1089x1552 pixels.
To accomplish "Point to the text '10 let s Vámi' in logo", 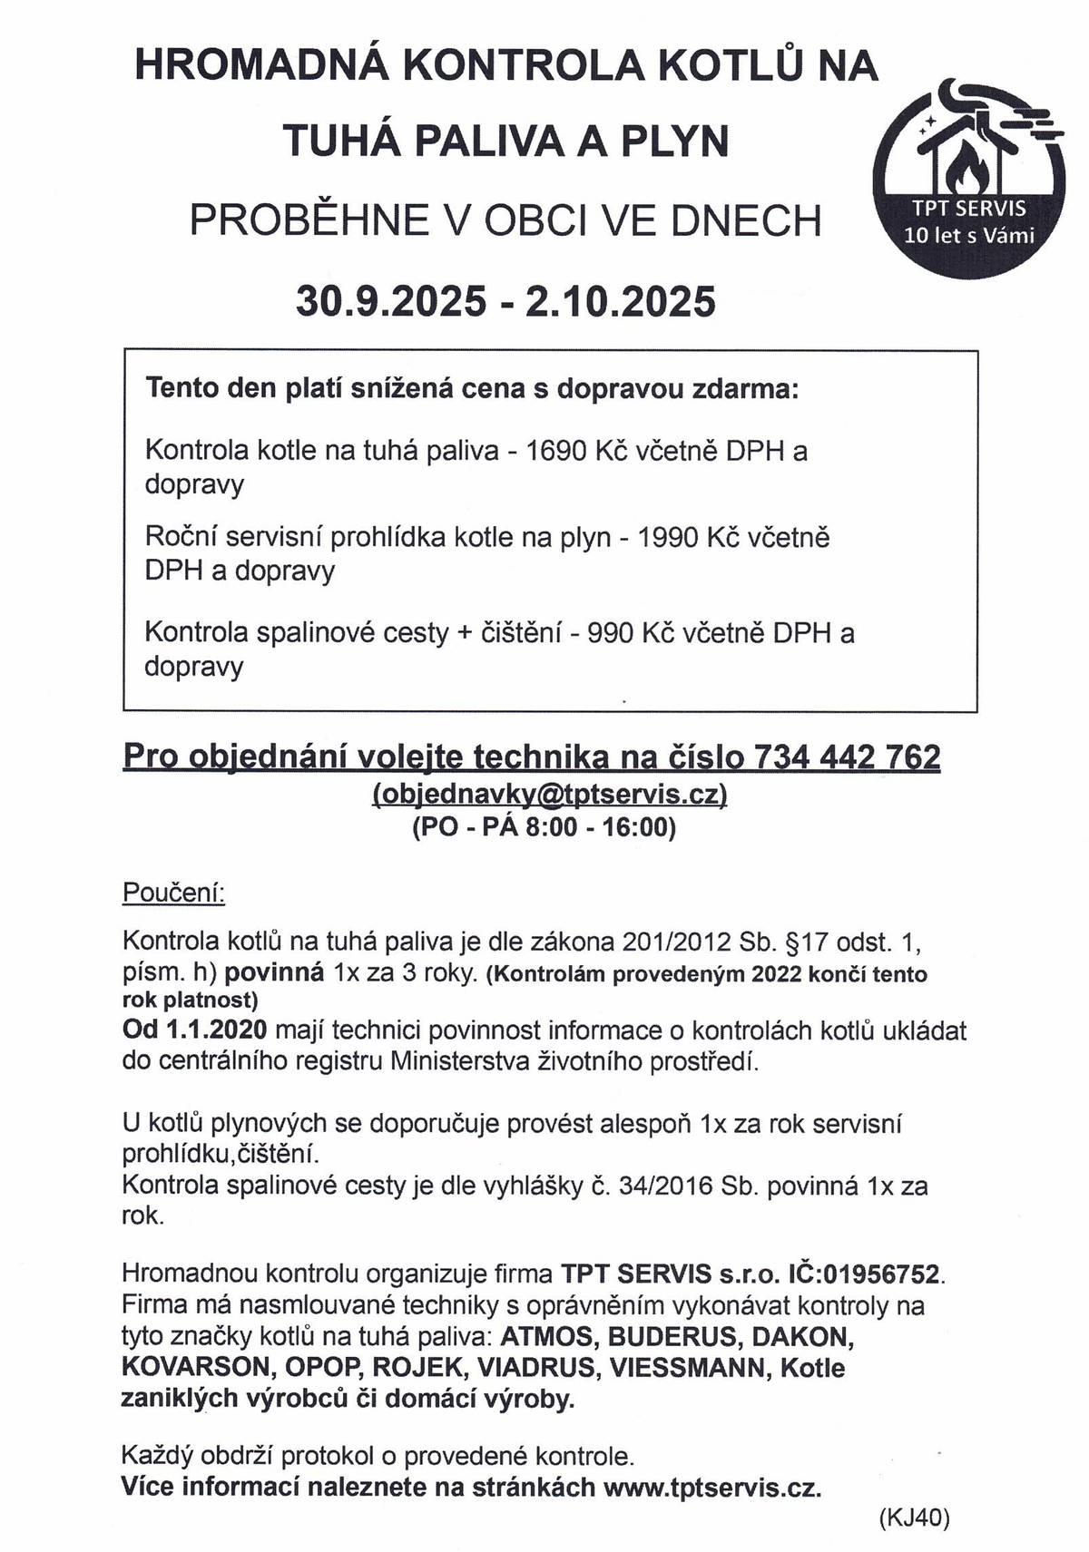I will click(968, 237).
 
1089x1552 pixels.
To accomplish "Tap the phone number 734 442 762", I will click(847, 756).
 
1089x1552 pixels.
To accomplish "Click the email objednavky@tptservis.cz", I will click(550, 794).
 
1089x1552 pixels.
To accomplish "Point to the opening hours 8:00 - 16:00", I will click(600, 827).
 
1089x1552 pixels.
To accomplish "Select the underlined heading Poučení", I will click(173, 893).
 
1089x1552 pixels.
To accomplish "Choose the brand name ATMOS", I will click(549, 1337).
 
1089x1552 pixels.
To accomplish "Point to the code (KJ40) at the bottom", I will click(914, 1518).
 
